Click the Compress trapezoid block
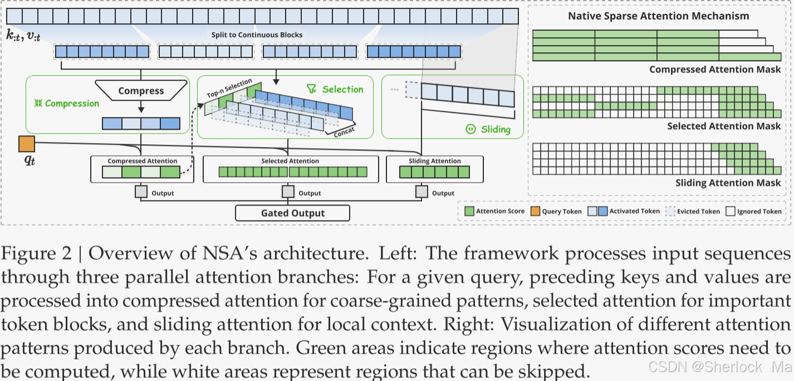point(141,91)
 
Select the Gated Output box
point(292,213)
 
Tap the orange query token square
point(27,144)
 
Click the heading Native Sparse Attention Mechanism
point(658,16)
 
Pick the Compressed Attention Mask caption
point(715,70)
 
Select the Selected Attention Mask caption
point(724,126)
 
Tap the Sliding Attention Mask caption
point(728,183)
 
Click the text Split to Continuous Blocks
point(257,35)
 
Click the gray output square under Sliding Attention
point(422,192)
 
